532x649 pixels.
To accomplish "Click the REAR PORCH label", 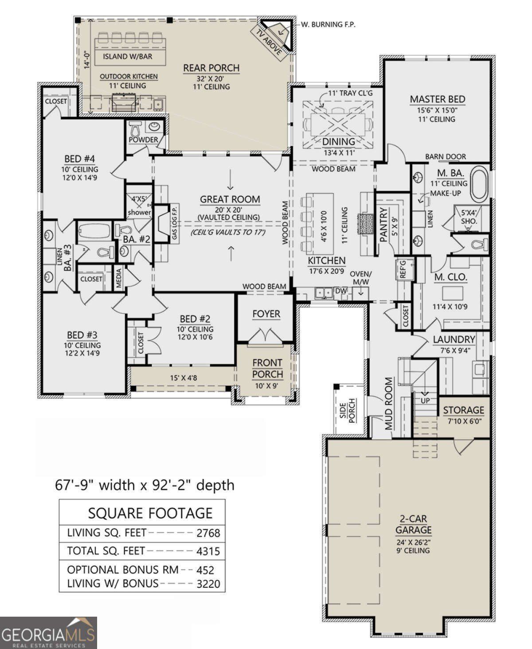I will tap(211, 68).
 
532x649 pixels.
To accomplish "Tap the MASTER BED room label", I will tap(437, 99).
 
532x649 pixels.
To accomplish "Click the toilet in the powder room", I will tap(136, 129).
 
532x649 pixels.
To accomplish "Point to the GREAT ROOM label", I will tap(230, 199).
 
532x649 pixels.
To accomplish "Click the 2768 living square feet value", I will tap(208, 533).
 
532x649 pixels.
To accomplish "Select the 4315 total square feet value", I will tap(208, 551).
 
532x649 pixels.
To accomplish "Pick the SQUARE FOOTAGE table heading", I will tap(150, 513).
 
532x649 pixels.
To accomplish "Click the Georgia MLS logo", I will tap(48, 633).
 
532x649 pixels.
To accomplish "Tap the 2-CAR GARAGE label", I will tap(413, 524).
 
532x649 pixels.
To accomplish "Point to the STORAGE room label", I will tap(463, 410).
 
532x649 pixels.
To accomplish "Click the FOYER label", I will tap(266, 314).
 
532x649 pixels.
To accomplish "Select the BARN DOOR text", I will tap(446, 156).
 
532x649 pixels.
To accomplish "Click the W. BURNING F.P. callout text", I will tap(328, 25).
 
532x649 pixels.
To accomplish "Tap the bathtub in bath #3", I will tap(94, 231).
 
